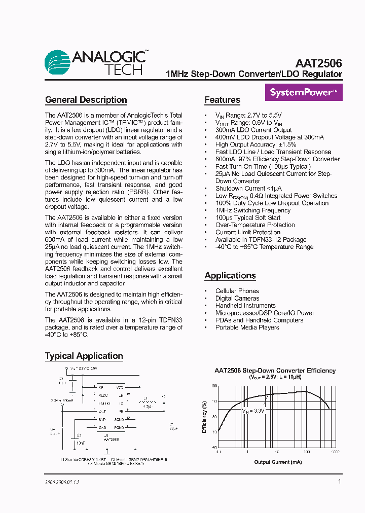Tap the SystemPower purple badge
pos(304,93)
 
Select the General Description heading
pos(86,100)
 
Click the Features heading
pos(222,100)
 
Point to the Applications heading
pos(230,276)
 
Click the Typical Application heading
pos(84,356)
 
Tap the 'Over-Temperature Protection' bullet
pos(255,225)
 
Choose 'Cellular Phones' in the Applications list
pos(237,291)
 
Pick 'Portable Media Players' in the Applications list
pos(247,327)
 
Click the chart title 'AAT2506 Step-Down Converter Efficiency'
pos(275,371)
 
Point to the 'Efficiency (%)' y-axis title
pos(204,417)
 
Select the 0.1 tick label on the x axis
pos(218,451)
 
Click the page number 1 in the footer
pos(339,482)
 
